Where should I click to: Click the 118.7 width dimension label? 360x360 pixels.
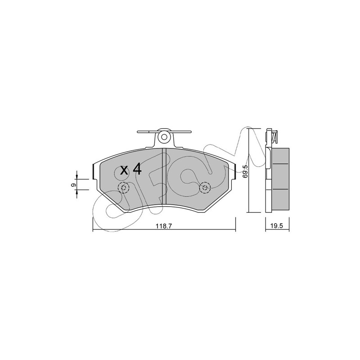[x=164, y=226]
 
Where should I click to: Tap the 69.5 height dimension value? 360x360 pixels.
[x=245, y=171]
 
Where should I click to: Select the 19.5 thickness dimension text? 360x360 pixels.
[x=277, y=226]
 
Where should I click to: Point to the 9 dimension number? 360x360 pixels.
[x=73, y=185]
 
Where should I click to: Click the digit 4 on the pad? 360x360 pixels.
[x=138, y=170]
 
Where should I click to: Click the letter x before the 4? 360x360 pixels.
[x=124, y=171]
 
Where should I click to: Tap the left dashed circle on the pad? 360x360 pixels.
[x=123, y=188]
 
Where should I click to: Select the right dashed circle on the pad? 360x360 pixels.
[x=205, y=188]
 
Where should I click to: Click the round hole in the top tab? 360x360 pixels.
[x=164, y=137]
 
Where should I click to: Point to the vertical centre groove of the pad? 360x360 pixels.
[x=164, y=176]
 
